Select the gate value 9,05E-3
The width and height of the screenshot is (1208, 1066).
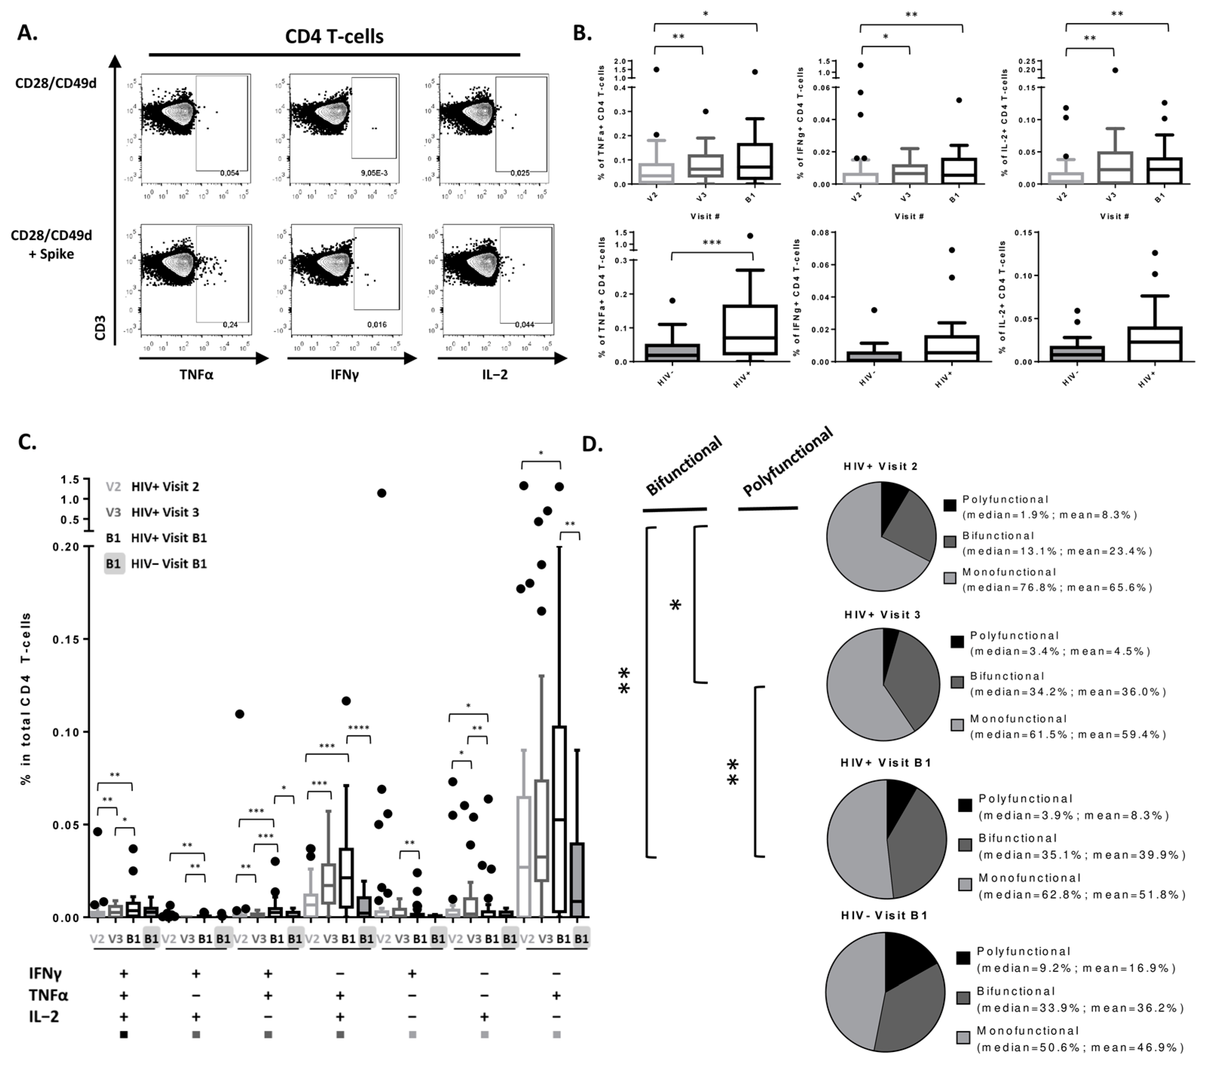(x=374, y=173)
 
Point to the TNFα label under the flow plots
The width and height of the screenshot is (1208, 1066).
(x=196, y=374)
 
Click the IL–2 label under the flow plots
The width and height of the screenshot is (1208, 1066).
(x=495, y=374)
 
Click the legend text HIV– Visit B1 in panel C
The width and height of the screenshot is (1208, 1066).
(x=169, y=564)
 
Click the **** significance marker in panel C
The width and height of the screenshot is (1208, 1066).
(x=358, y=728)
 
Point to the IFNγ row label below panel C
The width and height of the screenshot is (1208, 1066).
(x=46, y=973)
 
